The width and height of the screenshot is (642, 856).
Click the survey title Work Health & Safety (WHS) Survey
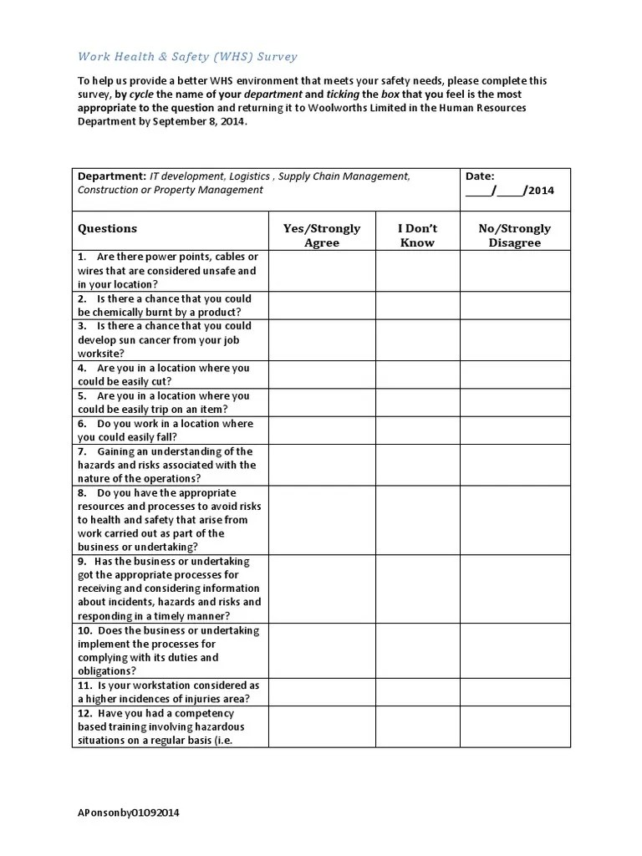tap(187, 57)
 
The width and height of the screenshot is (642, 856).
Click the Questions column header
tap(107, 228)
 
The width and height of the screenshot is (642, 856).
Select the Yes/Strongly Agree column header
tap(322, 235)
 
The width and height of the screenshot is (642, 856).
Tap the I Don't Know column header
tap(417, 235)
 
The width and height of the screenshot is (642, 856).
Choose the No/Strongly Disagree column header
tap(514, 235)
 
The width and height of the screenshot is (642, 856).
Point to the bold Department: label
tap(112, 176)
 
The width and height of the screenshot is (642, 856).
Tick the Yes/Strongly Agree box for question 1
tap(322, 270)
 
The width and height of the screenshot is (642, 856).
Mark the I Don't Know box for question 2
tap(417, 305)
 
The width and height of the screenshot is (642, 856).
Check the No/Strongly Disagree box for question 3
tap(514, 339)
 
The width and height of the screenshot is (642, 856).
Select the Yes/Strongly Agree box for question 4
tap(322, 374)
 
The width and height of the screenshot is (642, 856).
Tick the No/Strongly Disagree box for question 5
tap(514, 402)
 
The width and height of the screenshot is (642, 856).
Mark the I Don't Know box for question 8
tap(417, 520)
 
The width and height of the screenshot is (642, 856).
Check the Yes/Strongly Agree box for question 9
tap(322, 588)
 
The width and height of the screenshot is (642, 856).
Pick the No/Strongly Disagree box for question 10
tap(514, 650)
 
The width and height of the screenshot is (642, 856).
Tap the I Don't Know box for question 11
tap(417, 691)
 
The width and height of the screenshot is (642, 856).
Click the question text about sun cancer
tap(164, 339)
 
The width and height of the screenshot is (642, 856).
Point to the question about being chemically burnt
tap(164, 305)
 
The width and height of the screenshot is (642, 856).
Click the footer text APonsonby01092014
tap(128, 813)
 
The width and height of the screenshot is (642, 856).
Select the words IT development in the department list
tap(186, 176)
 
